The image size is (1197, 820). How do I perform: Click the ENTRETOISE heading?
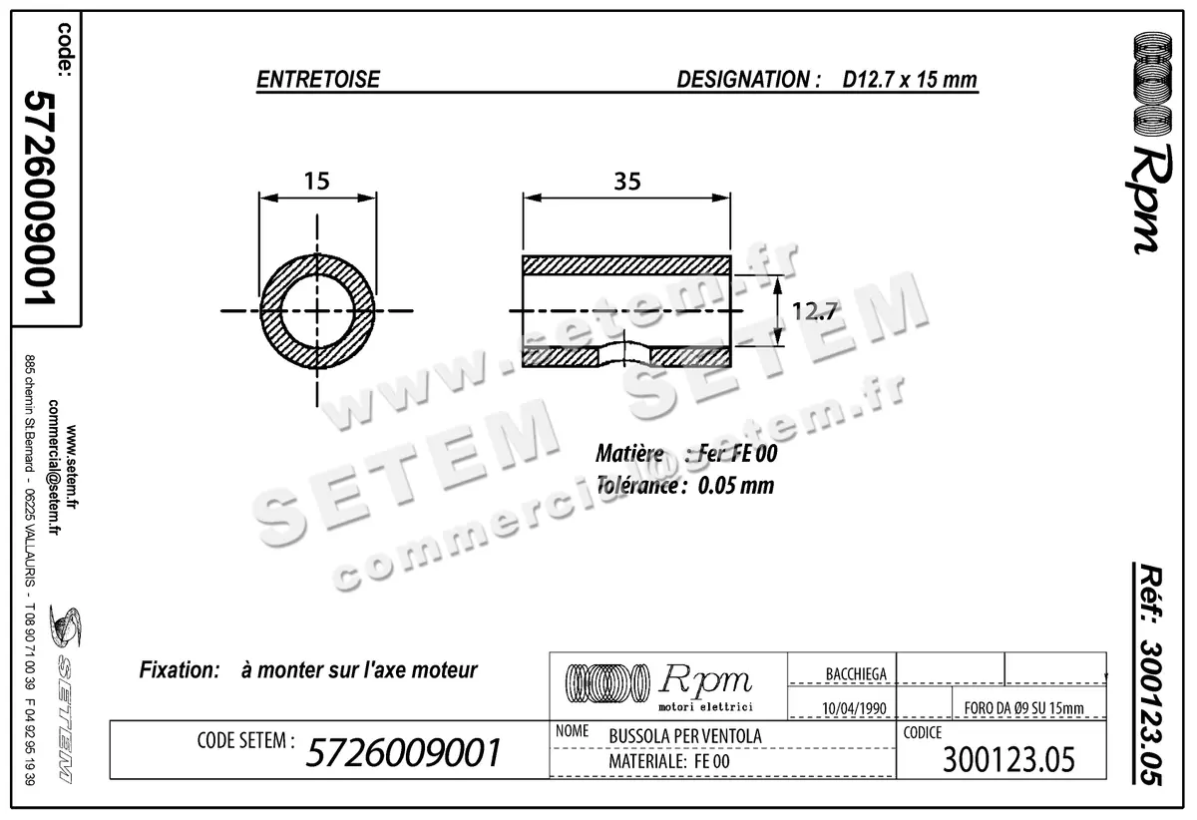318,80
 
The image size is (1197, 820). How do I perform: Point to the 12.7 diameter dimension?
814,311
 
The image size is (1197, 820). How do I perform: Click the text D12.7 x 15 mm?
909,80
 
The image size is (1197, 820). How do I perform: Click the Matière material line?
686,455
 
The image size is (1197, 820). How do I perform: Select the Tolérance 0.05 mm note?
684,487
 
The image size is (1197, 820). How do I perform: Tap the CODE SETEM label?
245,741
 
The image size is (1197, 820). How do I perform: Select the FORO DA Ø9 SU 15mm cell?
1024,708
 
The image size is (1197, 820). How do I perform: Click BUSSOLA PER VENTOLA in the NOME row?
684,736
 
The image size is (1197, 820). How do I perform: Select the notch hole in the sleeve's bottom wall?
624,354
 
